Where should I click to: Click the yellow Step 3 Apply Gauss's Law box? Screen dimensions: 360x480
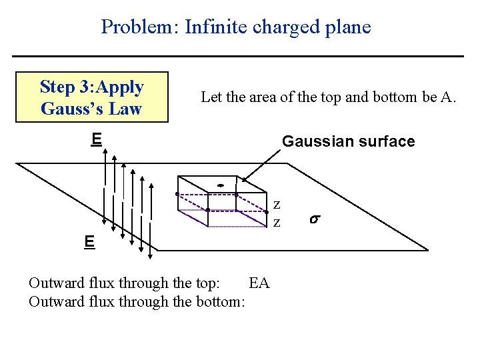click(x=92, y=97)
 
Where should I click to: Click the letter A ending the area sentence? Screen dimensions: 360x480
click(x=448, y=97)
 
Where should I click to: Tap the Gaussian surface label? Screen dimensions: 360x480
click(x=348, y=141)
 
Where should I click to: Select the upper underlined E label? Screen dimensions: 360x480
click(x=97, y=139)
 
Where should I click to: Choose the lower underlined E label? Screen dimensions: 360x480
click(x=89, y=241)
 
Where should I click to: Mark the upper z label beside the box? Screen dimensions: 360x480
click(x=277, y=205)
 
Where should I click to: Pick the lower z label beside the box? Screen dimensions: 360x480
click(x=277, y=221)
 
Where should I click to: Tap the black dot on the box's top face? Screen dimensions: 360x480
click(x=219, y=185)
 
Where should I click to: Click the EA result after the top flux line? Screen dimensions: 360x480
click(x=259, y=283)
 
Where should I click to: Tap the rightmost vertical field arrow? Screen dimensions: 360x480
click(x=151, y=213)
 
